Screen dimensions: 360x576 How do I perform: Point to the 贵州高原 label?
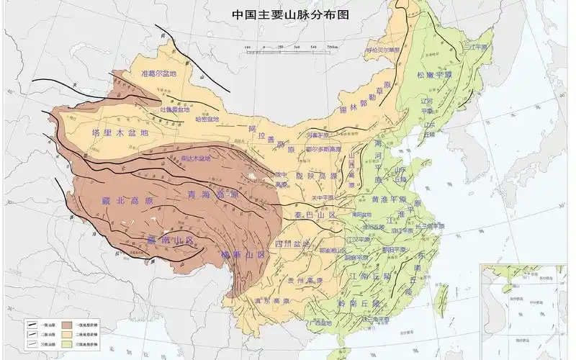[303, 279]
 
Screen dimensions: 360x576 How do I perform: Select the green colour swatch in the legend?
[68, 345]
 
